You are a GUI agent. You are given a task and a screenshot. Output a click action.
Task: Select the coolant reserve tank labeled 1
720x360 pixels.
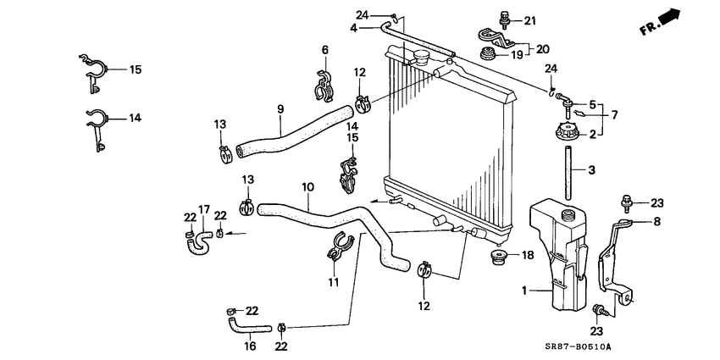(x=559, y=254)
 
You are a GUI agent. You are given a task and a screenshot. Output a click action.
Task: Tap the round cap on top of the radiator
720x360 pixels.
(x=422, y=57)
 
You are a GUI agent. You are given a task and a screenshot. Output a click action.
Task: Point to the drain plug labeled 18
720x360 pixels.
(x=500, y=257)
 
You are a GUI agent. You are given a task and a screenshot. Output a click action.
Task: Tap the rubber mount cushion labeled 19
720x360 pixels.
(x=489, y=56)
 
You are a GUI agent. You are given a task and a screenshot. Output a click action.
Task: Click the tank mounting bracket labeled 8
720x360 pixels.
(x=617, y=263)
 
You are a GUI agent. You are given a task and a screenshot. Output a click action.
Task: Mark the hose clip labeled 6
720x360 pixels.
(x=324, y=85)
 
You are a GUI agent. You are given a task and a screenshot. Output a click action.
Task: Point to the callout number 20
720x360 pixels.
(x=542, y=48)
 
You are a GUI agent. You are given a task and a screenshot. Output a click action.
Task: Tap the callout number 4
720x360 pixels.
(x=353, y=27)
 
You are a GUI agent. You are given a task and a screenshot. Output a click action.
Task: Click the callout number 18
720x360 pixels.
(x=528, y=254)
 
